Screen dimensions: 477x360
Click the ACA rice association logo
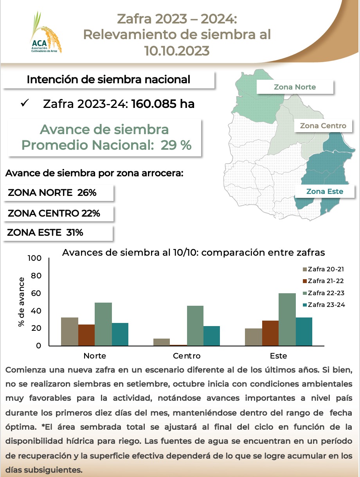point(46,33)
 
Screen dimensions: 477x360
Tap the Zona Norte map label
point(295,87)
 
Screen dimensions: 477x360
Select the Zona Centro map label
point(323,126)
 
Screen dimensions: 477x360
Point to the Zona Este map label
point(324,191)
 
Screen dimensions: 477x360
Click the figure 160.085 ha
point(163,104)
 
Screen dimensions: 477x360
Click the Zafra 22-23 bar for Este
point(287,319)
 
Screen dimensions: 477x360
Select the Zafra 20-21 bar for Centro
point(162,342)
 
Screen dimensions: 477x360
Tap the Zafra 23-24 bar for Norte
point(120,334)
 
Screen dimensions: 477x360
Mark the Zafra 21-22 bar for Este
point(270,333)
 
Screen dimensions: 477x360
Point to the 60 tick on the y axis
point(36,293)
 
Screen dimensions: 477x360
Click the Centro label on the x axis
point(187,356)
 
